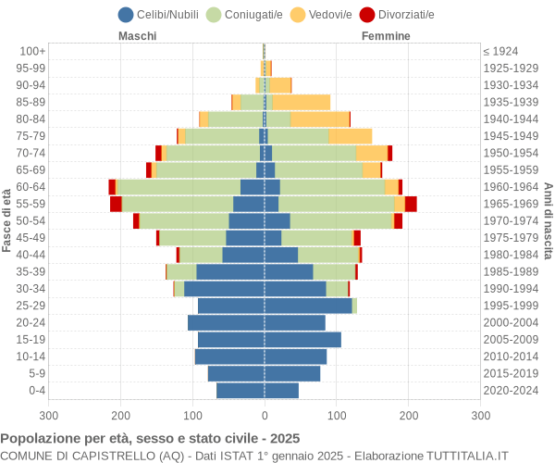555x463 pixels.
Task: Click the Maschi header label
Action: click(137, 36)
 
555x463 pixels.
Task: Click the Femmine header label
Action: click(386, 36)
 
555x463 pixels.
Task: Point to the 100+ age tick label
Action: click(32, 51)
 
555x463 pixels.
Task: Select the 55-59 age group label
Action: click(31, 204)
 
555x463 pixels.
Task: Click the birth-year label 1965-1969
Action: click(512, 204)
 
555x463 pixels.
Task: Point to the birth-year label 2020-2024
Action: click(512, 391)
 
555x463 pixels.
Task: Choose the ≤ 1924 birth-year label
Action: click(500, 51)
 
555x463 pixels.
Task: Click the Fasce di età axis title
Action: click(7, 220)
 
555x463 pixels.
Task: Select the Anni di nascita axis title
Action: click(548, 220)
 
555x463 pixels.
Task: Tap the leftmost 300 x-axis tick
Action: click(49, 417)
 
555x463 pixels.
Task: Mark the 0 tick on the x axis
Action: click(265, 417)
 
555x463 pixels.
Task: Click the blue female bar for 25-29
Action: click(308, 306)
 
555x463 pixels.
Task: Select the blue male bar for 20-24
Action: click(226, 322)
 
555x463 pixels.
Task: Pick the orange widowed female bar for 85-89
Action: click(302, 102)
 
